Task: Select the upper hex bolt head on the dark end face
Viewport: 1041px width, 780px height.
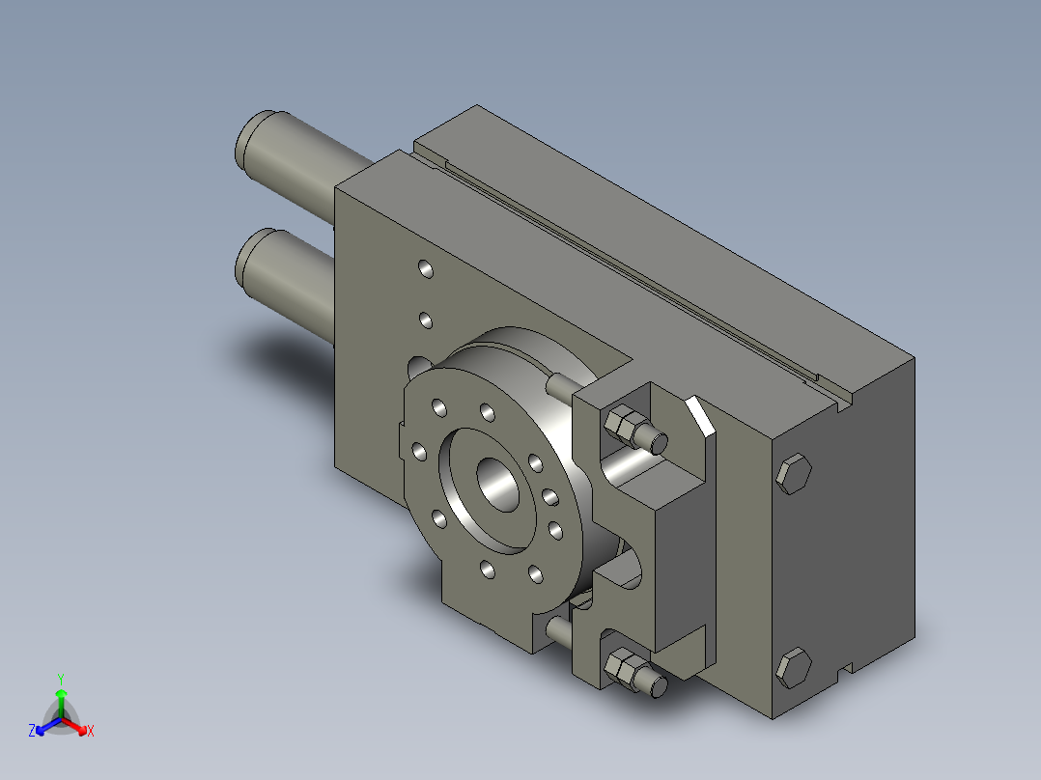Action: coord(794,474)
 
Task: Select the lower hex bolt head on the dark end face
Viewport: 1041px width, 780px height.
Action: coord(794,667)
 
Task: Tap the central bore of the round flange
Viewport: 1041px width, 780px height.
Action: coord(498,485)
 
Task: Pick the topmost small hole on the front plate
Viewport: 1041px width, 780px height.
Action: coord(426,269)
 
